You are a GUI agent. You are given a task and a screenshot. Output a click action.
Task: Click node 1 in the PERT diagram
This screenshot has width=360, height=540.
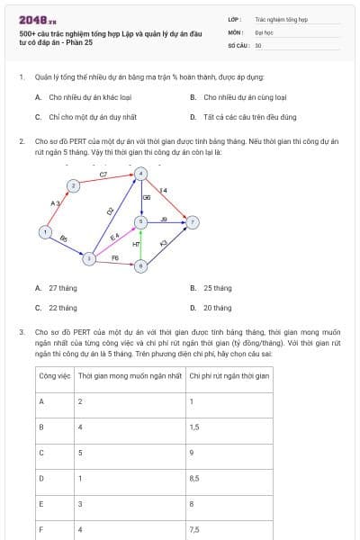[44, 232]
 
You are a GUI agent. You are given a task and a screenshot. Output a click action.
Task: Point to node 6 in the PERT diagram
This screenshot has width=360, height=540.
[140, 265]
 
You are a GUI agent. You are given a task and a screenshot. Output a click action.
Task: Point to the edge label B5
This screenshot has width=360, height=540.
[63, 238]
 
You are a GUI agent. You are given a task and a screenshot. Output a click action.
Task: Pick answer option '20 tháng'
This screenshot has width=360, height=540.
[217, 307]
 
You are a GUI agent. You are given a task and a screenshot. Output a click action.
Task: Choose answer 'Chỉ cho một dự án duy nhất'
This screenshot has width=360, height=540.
[86, 116]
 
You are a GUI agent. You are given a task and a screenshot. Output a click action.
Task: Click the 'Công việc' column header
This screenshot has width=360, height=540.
[55, 374]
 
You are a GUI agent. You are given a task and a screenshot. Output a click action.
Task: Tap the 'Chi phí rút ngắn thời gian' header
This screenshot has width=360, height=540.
[229, 374]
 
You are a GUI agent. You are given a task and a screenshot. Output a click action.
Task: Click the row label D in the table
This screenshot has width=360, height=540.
[42, 478]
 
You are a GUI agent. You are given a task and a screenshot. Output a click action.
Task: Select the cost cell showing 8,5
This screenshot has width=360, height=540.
[195, 478]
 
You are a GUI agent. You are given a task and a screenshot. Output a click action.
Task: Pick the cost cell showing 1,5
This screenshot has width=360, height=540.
[194, 427]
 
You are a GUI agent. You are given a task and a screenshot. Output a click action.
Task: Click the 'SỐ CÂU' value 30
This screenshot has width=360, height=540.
[258, 44]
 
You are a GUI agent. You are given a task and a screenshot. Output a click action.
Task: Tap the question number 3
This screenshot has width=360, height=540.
[22, 331]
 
